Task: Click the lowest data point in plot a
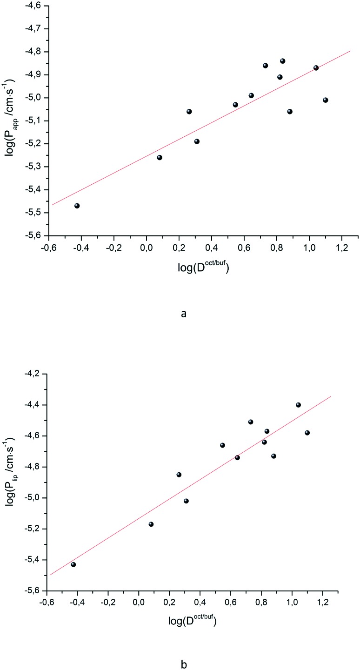click(77, 206)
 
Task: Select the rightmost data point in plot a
click(326, 100)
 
